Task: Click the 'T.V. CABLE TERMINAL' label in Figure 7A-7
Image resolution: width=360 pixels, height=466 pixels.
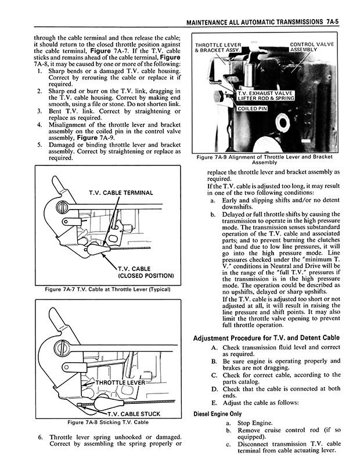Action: click(x=121, y=193)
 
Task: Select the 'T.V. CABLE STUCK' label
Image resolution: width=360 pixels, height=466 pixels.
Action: click(x=135, y=414)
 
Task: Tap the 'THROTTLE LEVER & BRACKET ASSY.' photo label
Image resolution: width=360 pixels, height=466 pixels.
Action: click(x=219, y=48)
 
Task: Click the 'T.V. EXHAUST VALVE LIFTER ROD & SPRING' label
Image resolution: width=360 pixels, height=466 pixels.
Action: click(x=265, y=96)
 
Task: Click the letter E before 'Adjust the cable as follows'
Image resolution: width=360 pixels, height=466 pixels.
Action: click(x=214, y=403)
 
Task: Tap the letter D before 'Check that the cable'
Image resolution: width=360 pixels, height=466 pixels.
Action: click(x=214, y=388)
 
